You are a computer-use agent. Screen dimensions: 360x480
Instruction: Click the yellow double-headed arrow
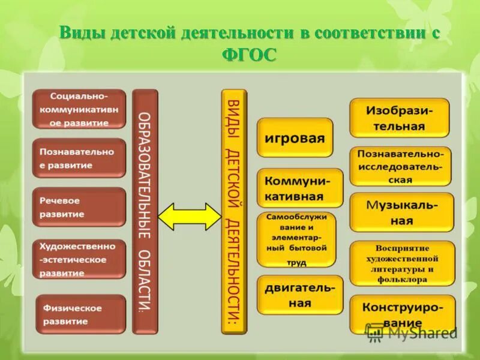click(189, 217)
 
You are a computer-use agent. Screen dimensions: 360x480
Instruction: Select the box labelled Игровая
click(295, 137)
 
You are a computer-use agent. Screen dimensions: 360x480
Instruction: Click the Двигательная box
click(300, 295)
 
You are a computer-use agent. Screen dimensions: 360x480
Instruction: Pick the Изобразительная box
click(399, 118)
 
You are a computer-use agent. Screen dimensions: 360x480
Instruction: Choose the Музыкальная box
click(401, 212)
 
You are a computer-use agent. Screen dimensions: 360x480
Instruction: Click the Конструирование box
click(401, 314)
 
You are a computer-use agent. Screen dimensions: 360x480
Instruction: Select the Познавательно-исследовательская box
click(400, 166)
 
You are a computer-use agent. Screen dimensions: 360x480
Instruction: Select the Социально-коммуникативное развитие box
click(79, 109)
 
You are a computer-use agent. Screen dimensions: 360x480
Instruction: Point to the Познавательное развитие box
click(79, 158)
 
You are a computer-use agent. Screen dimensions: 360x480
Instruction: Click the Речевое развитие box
click(79, 207)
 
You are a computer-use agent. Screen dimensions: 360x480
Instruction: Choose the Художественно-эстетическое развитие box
click(79, 259)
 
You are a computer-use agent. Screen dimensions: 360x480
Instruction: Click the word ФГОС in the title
click(249, 55)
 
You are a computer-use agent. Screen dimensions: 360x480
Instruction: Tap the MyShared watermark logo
click(412, 331)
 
